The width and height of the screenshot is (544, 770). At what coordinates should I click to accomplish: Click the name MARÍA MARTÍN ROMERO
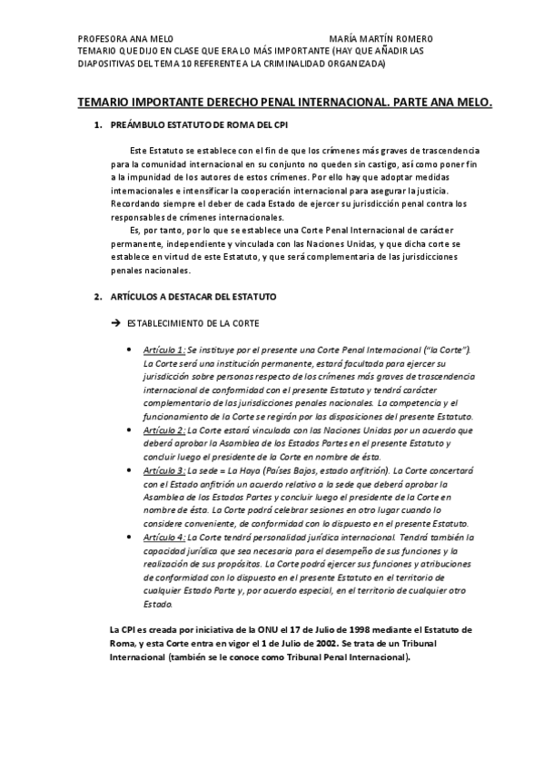[381, 39]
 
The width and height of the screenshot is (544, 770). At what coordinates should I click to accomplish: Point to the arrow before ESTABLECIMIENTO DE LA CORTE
[114, 323]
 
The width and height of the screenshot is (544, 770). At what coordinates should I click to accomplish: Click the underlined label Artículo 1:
[164, 350]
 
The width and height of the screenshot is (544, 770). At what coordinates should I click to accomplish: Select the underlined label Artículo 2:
[164, 429]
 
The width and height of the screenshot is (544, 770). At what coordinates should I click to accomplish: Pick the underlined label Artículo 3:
[164, 470]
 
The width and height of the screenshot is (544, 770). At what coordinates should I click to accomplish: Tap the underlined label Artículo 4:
[164, 538]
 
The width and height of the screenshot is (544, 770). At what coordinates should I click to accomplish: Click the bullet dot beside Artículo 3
[134, 471]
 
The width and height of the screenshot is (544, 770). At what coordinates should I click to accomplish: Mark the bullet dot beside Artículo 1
[134, 350]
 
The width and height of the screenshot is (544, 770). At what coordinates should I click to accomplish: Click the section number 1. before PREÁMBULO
[98, 124]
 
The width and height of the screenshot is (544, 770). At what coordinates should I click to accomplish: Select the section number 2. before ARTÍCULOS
[98, 297]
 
